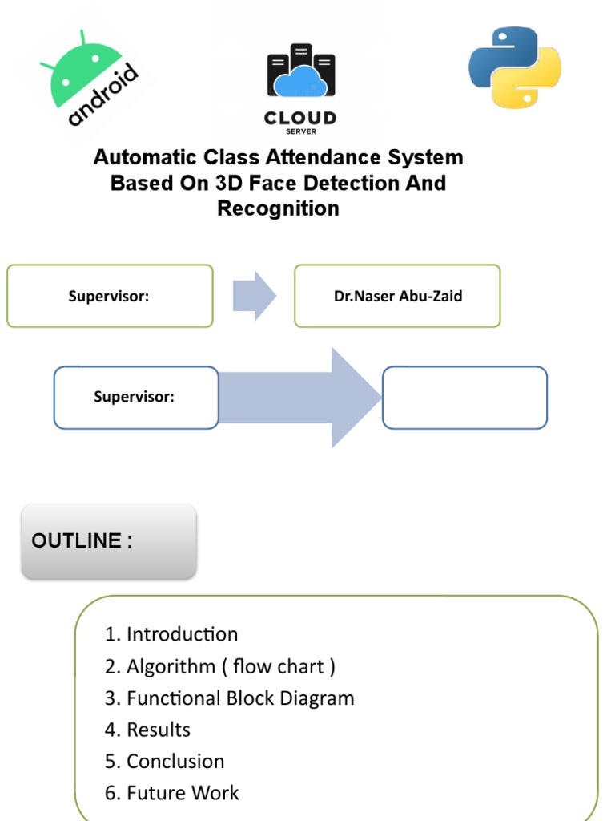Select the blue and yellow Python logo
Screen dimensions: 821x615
click(514, 67)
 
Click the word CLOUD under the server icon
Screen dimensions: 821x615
click(300, 119)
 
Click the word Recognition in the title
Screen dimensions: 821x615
click(278, 208)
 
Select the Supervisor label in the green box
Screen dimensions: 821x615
click(109, 296)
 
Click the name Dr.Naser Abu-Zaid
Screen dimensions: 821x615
click(398, 296)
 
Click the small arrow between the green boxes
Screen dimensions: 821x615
click(254, 296)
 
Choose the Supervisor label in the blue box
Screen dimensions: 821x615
click(134, 397)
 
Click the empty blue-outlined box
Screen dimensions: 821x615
click(464, 398)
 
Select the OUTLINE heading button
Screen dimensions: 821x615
click(108, 541)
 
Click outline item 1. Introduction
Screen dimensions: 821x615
click(171, 634)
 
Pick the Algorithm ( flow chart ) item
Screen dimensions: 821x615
click(219, 666)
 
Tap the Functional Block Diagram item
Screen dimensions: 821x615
click(229, 698)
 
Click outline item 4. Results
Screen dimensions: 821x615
click(147, 730)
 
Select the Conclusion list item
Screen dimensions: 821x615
click(164, 762)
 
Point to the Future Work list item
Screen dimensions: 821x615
click(171, 793)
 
